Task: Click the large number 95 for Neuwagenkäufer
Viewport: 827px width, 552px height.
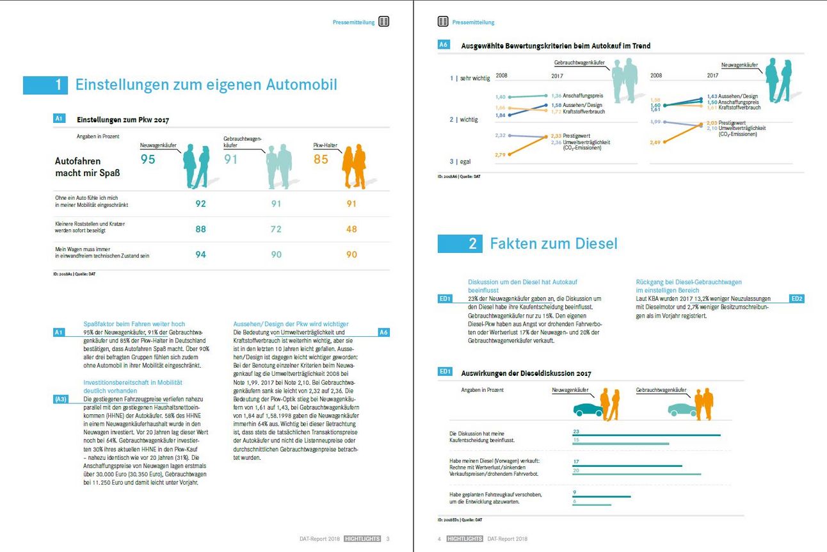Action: click(148, 159)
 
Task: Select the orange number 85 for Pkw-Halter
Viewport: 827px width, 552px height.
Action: click(321, 159)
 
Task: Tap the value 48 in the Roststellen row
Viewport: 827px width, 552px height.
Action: click(351, 229)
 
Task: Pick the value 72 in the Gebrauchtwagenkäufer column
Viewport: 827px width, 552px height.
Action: click(275, 229)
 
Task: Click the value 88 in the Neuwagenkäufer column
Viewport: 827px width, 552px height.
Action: click(200, 229)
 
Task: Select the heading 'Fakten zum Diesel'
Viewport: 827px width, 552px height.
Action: click(554, 243)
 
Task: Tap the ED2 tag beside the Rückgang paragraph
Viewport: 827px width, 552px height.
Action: click(797, 298)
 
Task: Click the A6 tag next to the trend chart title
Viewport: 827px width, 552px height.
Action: click(444, 45)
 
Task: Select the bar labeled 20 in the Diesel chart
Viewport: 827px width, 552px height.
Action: click(637, 475)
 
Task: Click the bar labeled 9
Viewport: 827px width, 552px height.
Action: click(602, 496)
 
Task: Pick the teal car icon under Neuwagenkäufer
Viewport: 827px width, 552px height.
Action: click(588, 409)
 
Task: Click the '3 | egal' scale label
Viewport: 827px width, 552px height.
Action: click(460, 162)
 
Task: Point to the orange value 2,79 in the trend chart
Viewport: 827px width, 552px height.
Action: click(501, 155)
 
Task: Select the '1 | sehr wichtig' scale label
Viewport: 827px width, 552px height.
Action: click(470, 78)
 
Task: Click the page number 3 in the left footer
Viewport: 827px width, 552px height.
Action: click(388, 539)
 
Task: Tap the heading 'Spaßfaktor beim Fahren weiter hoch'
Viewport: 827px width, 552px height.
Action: click(134, 324)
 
